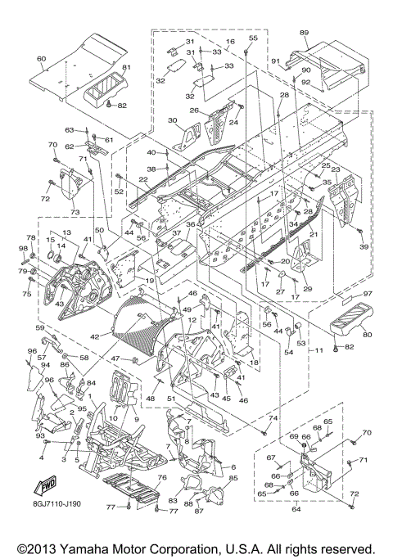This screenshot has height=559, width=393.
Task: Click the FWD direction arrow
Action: tap(44, 486)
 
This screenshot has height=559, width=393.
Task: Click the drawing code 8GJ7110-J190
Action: tap(56, 503)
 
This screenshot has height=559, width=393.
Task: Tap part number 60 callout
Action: tap(42, 58)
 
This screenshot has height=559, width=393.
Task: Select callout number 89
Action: tap(304, 33)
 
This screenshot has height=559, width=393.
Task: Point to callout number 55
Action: tap(253, 38)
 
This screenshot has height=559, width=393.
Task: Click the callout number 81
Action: tap(127, 67)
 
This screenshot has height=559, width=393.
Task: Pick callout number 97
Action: tap(368, 293)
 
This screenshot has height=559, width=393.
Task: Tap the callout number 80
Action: tap(368, 335)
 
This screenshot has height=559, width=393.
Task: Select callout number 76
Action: tap(162, 477)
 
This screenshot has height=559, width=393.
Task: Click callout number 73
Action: tap(75, 213)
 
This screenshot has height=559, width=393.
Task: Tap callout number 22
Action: tap(143, 181)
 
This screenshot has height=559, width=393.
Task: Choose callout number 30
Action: tap(172, 120)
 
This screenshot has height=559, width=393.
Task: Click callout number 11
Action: tap(318, 350)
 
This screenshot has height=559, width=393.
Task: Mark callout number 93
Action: tap(40, 436)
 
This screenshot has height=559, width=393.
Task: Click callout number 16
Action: tap(230, 42)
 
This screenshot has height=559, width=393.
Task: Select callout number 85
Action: tap(233, 478)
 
